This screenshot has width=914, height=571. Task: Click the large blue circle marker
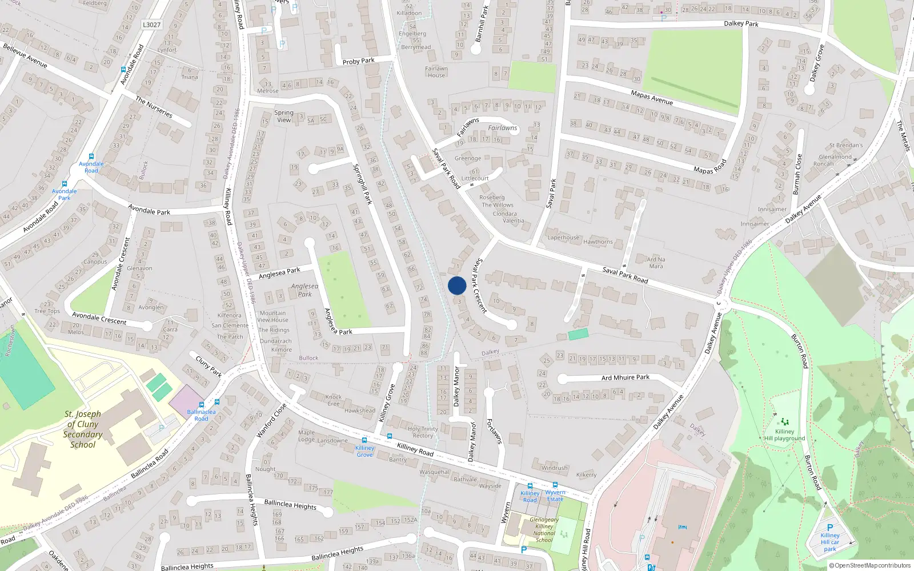click(457, 285)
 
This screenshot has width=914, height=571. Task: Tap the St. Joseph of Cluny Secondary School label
click(83, 429)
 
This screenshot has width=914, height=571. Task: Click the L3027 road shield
click(151, 25)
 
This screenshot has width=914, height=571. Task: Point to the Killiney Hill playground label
click(784, 435)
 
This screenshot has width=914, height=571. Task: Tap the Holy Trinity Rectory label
click(423, 432)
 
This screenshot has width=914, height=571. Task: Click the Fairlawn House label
click(436, 72)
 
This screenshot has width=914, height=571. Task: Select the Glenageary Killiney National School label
click(544, 530)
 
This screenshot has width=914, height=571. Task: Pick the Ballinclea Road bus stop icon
click(217, 402)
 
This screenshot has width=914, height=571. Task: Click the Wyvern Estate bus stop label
click(555, 496)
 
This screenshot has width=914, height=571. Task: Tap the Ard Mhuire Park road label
click(626, 377)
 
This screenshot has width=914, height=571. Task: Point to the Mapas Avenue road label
click(652, 97)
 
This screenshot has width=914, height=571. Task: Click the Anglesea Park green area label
click(304, 290)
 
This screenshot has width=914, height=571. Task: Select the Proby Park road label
click(358, 61)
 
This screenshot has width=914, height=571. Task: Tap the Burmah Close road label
click(797, 174)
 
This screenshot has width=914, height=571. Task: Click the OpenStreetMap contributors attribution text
click(870, 566)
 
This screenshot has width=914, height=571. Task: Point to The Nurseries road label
click(154, 107)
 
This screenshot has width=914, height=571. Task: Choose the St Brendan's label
click(845, 145)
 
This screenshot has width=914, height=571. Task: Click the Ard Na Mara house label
click(656, 263)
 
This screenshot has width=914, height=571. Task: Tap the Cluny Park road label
click(209, 366)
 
